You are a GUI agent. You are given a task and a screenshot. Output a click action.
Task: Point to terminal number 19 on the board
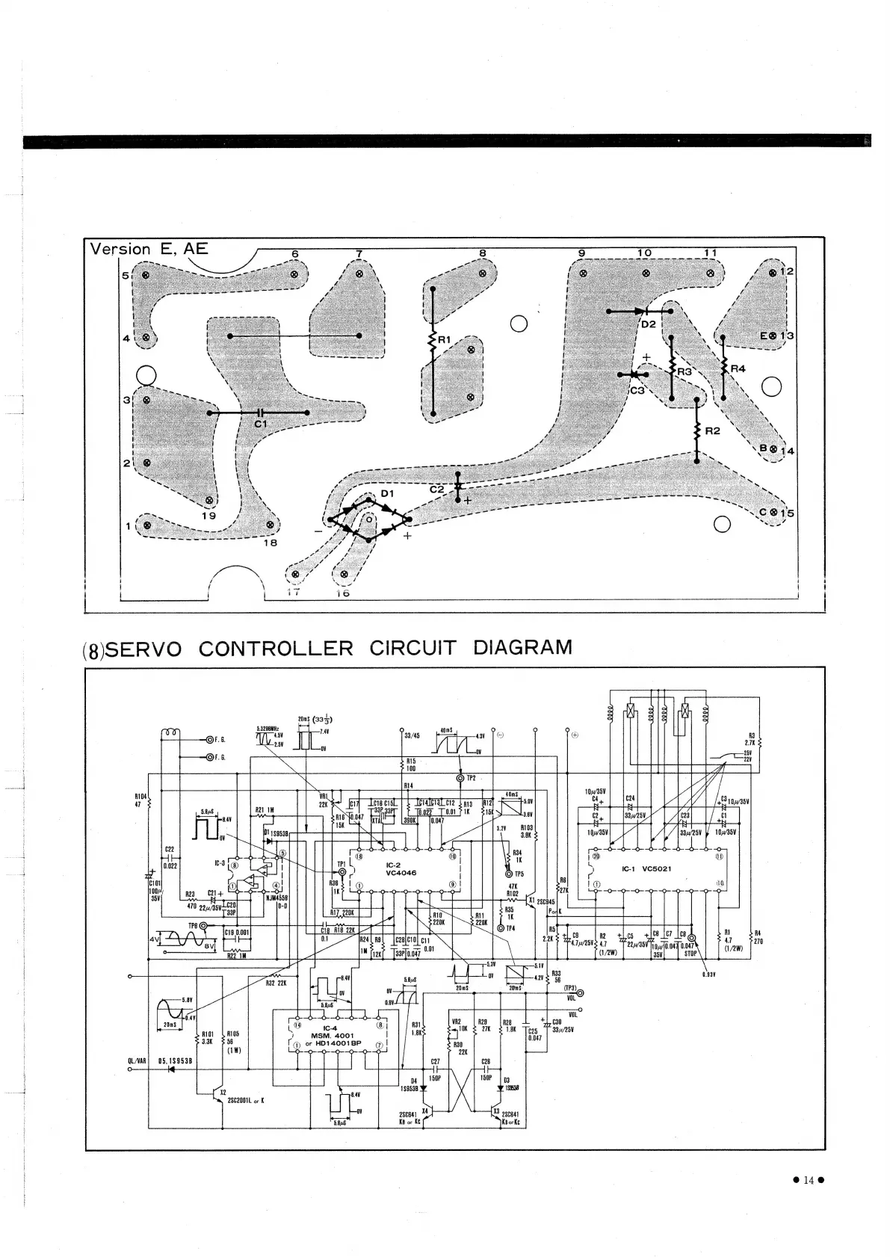pyautogui.click(x=208, y=516)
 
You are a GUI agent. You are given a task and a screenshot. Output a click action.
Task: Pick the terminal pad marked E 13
pyautogui.click(x=774, y=336)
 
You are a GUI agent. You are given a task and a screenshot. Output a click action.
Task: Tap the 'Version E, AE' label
pyautogui.click(x=149, y=249)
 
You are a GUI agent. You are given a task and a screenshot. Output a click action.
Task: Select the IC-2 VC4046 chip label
pyautogui.click(x=401, y=868)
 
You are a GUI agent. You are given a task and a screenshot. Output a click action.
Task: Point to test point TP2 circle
pyautogui.click(x=460, y=778)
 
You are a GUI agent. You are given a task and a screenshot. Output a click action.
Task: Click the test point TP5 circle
pyautogui.click(x=509, y=874)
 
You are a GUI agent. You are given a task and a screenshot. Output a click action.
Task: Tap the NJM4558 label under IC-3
pyautogui.click(x=278, y=898)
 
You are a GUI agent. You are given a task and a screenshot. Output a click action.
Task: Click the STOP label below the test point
pyautogui.click(x=690, y=954)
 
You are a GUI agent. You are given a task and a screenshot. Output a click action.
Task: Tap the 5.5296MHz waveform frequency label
pyautogui.click(x=268, y=728)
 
